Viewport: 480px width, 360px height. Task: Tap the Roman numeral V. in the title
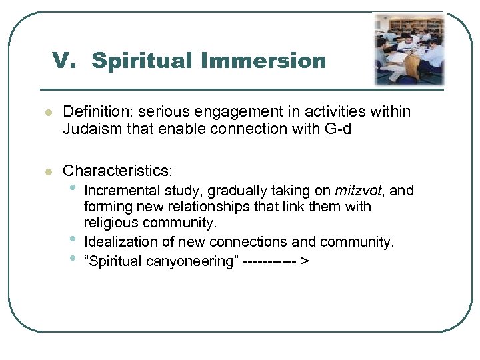pyautogui.click(x=68, y=61)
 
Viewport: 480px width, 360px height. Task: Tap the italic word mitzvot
pyautogui.click(x=359, y=191)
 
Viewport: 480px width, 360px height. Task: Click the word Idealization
pyautogui.click(x=120, y=242)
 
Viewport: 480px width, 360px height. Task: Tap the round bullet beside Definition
pyautogui.click(x=47, y=113)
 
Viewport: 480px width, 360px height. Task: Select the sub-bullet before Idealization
pyautogui.click(x=71, y=240)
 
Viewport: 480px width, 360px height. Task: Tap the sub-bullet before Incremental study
pyautogui.click(x=71, y=189)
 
